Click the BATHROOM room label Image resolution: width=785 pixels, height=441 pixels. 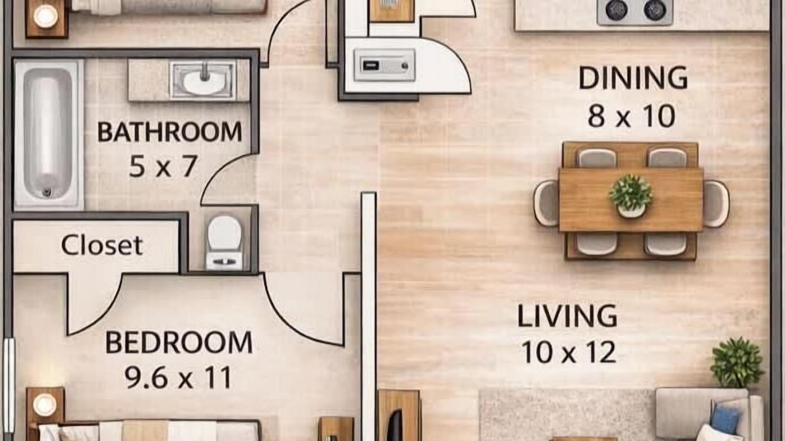click(x=170, y=132)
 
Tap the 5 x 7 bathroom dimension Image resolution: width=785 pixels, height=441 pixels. click(x=163, y=166)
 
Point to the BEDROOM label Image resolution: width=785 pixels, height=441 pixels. click(x=178, y=342)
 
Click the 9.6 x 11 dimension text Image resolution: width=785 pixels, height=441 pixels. click(x=178, y=378)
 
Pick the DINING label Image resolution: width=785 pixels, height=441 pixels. click(x=633, y=78)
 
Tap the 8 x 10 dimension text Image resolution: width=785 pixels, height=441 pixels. click(x=632, y=116)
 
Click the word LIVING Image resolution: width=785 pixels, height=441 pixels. click(x=567, y=315)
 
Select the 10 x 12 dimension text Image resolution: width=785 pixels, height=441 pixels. click(x=569, y=352)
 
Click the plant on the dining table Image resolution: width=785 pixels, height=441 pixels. click(x=631, y=196)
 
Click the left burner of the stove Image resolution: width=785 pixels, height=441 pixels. click(x=617, y=10)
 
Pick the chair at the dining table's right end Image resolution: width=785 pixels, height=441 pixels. click(x=716, y=204)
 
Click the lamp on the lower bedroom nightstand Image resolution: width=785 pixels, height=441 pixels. click(x=45, y=405)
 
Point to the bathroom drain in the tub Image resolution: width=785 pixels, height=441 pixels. click(x=47, y=192)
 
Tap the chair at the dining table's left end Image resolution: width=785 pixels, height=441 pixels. click(x=546, y=203)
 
